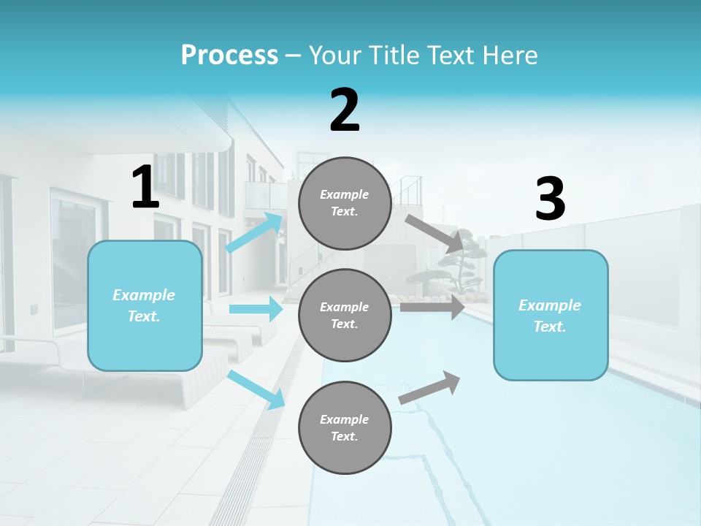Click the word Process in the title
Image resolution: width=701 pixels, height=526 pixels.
coord(229,56)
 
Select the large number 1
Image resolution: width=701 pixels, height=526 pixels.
coord(145,188)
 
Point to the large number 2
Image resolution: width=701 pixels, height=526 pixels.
coord(345,110)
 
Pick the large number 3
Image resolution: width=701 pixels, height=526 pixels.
coord(550,199)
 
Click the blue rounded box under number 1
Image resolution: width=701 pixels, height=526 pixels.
coord(145,305)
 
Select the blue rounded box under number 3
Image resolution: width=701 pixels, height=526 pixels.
coord(551,315)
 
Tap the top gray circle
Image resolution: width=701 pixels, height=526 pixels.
coord(345,203)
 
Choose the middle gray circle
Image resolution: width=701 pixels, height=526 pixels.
coord(345,315)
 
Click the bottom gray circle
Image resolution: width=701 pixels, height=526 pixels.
coord(345,427)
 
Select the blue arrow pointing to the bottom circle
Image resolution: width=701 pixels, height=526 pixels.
coord(256,390)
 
